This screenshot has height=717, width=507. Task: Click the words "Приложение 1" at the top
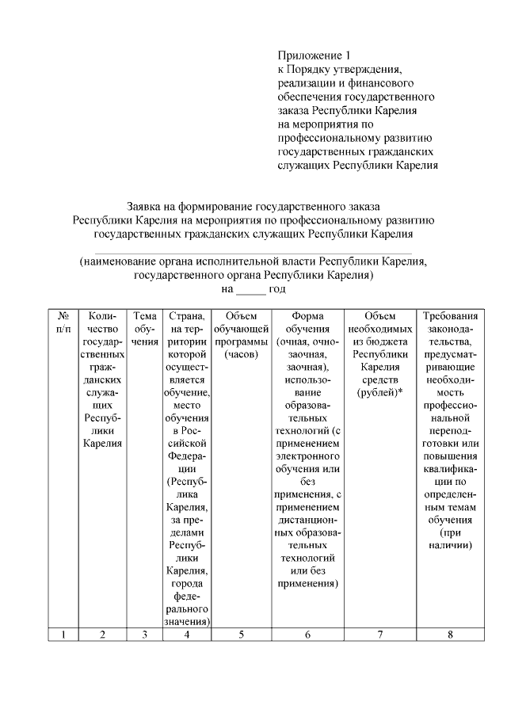coord(314,55)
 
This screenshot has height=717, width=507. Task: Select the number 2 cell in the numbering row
coord(102,634)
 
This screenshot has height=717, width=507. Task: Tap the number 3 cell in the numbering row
coord(144,634)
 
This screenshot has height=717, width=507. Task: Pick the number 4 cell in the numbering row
coord(187,634)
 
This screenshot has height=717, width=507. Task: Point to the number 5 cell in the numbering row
coord(242,634)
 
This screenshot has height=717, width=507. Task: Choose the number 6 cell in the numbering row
coord(307,634)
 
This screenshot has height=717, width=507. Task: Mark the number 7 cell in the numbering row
coord(380,634)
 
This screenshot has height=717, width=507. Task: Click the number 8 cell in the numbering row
coord(450,634)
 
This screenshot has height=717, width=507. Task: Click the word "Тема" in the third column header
coord(144,316)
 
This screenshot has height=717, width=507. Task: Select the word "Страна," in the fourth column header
coord(187,316)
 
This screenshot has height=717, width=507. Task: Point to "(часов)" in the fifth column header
coord(242,354)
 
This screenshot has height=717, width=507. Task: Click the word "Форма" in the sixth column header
coord(307,316)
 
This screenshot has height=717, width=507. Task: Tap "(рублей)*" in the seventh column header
coord(380,392)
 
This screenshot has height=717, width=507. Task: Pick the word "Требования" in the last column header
coord(450,316)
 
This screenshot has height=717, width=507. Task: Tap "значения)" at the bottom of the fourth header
coord(187,622)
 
